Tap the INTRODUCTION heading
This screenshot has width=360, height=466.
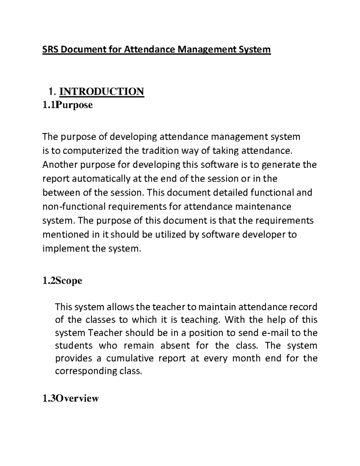tap(101, 91)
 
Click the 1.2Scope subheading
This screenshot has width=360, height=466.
tap(62, 281)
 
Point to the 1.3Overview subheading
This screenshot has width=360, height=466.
tap(70, 398)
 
